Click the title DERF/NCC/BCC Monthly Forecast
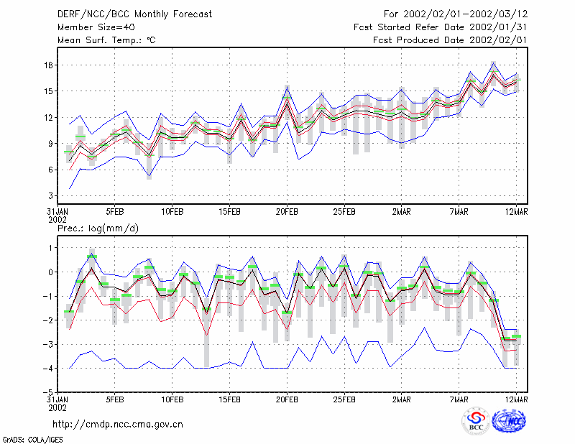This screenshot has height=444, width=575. [134, 14]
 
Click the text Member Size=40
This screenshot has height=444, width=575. [96, 27]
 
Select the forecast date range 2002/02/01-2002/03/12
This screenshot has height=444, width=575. [465, 14]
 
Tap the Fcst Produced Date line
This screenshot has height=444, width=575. [450, 40]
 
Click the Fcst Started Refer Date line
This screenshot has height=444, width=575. [440, 27]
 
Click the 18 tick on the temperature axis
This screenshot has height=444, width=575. [49, 65]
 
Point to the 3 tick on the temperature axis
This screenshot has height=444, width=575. [50, 196]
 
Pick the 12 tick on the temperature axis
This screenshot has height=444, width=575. [49, 117]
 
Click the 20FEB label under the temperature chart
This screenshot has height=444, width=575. [287, 212]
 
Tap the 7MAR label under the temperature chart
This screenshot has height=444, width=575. [459, 212]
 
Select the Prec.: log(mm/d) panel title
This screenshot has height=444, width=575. [98, 228]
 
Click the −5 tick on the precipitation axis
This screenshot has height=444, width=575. [47, 392]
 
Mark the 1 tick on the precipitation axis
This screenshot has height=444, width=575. [50, 248]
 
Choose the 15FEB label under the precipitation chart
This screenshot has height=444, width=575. [229, 399]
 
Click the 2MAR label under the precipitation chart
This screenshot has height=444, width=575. [402, 399]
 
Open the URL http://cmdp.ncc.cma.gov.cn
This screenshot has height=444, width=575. [118, 425]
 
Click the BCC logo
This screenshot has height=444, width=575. [476, 421]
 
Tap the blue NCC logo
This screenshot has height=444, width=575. [509, 421]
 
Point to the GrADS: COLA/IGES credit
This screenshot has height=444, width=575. [32, 440]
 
